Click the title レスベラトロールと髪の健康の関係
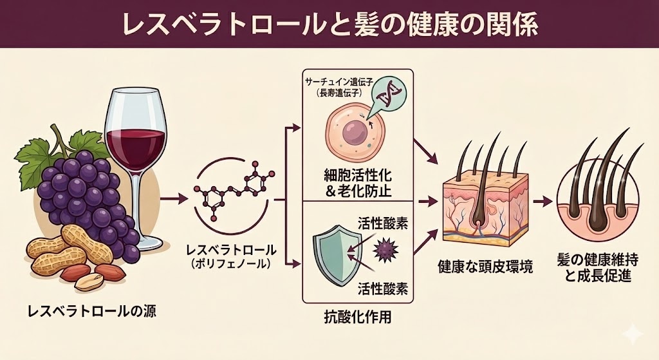click(329, 23)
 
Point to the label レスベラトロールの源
click(91, 312)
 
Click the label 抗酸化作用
click(357, 317)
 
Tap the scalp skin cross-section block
click(483, 206)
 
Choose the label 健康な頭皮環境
click(485, 266)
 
